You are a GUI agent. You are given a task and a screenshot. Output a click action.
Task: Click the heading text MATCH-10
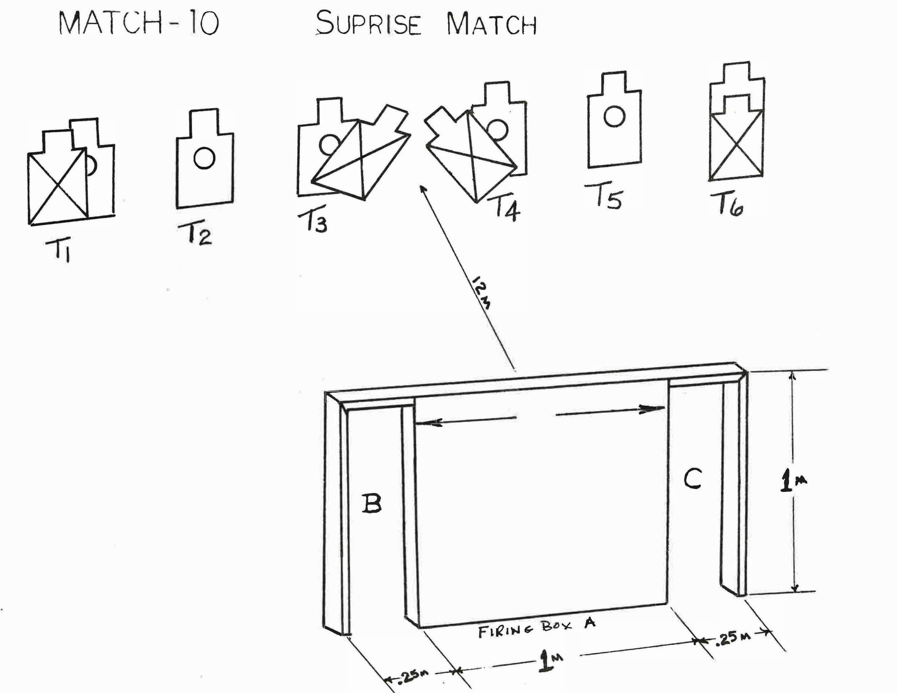[x=139, y=23]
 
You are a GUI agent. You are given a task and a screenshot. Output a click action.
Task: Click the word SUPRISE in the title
[x=368, y=24]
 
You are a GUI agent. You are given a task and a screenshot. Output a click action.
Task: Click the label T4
[x=506, y=209]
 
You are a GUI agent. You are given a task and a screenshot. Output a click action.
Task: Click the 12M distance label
[x=481, y=293]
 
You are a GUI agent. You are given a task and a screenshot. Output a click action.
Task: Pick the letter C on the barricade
[x=693, y=479]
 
